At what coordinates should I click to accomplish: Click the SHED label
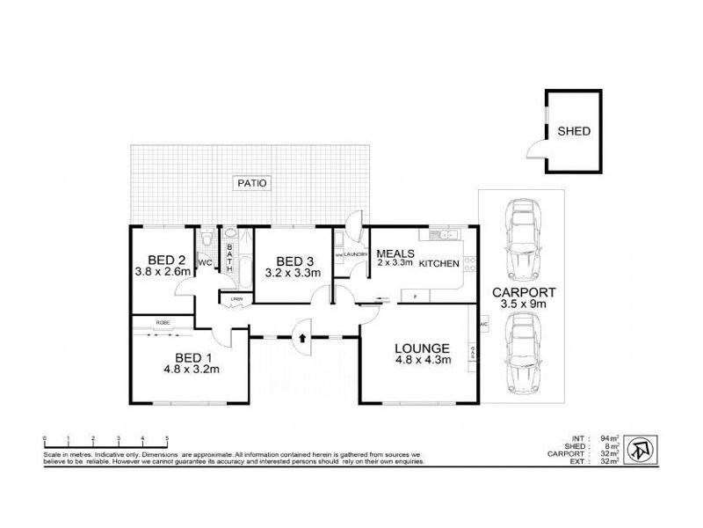point(574,132)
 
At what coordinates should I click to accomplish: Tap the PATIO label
point(252,183)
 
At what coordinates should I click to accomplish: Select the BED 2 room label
point(166,260)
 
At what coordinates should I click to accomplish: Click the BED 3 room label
point(294,261)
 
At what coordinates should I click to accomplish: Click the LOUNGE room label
point(423,348)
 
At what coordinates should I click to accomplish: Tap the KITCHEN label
point(438,264)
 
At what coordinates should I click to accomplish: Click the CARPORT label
point(523,292)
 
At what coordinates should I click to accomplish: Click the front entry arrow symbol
point(302,336)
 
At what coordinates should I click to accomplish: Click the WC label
point(205,263)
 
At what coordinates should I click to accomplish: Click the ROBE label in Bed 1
point(163,322)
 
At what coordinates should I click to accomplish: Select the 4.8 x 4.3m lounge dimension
point(423,359)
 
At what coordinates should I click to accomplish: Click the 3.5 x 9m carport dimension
point(523,304)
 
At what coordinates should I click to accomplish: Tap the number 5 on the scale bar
point(167,437)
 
